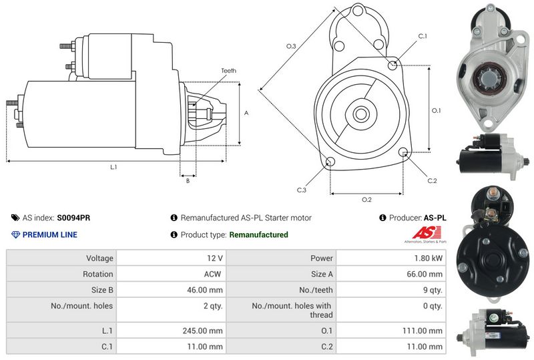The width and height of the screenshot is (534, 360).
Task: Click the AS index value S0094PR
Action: coord(73,218)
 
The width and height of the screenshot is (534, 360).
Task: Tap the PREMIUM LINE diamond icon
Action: coord(15,234)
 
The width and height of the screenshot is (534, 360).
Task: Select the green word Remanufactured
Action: coord(258,234)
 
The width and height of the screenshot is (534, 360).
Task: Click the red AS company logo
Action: coord(427,233)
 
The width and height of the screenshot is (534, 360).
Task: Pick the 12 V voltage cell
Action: coord(214,258)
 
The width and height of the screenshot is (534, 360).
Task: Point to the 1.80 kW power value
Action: coord(428,258)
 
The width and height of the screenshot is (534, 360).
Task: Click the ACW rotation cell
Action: coord(212,274)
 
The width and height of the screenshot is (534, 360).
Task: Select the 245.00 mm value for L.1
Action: coord(202,331)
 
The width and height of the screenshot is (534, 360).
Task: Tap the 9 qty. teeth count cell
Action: coord(433,290)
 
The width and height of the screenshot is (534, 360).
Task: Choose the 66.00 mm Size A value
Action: coord(425,274)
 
